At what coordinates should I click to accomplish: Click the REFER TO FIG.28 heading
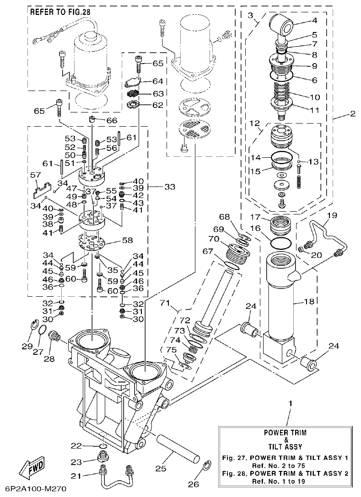click(60, 12)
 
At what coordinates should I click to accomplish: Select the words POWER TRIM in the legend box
click(285, 432)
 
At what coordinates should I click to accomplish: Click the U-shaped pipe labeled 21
click(116, 480)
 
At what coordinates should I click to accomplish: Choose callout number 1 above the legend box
click(290, 403)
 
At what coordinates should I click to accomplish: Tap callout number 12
click(254, 123)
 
